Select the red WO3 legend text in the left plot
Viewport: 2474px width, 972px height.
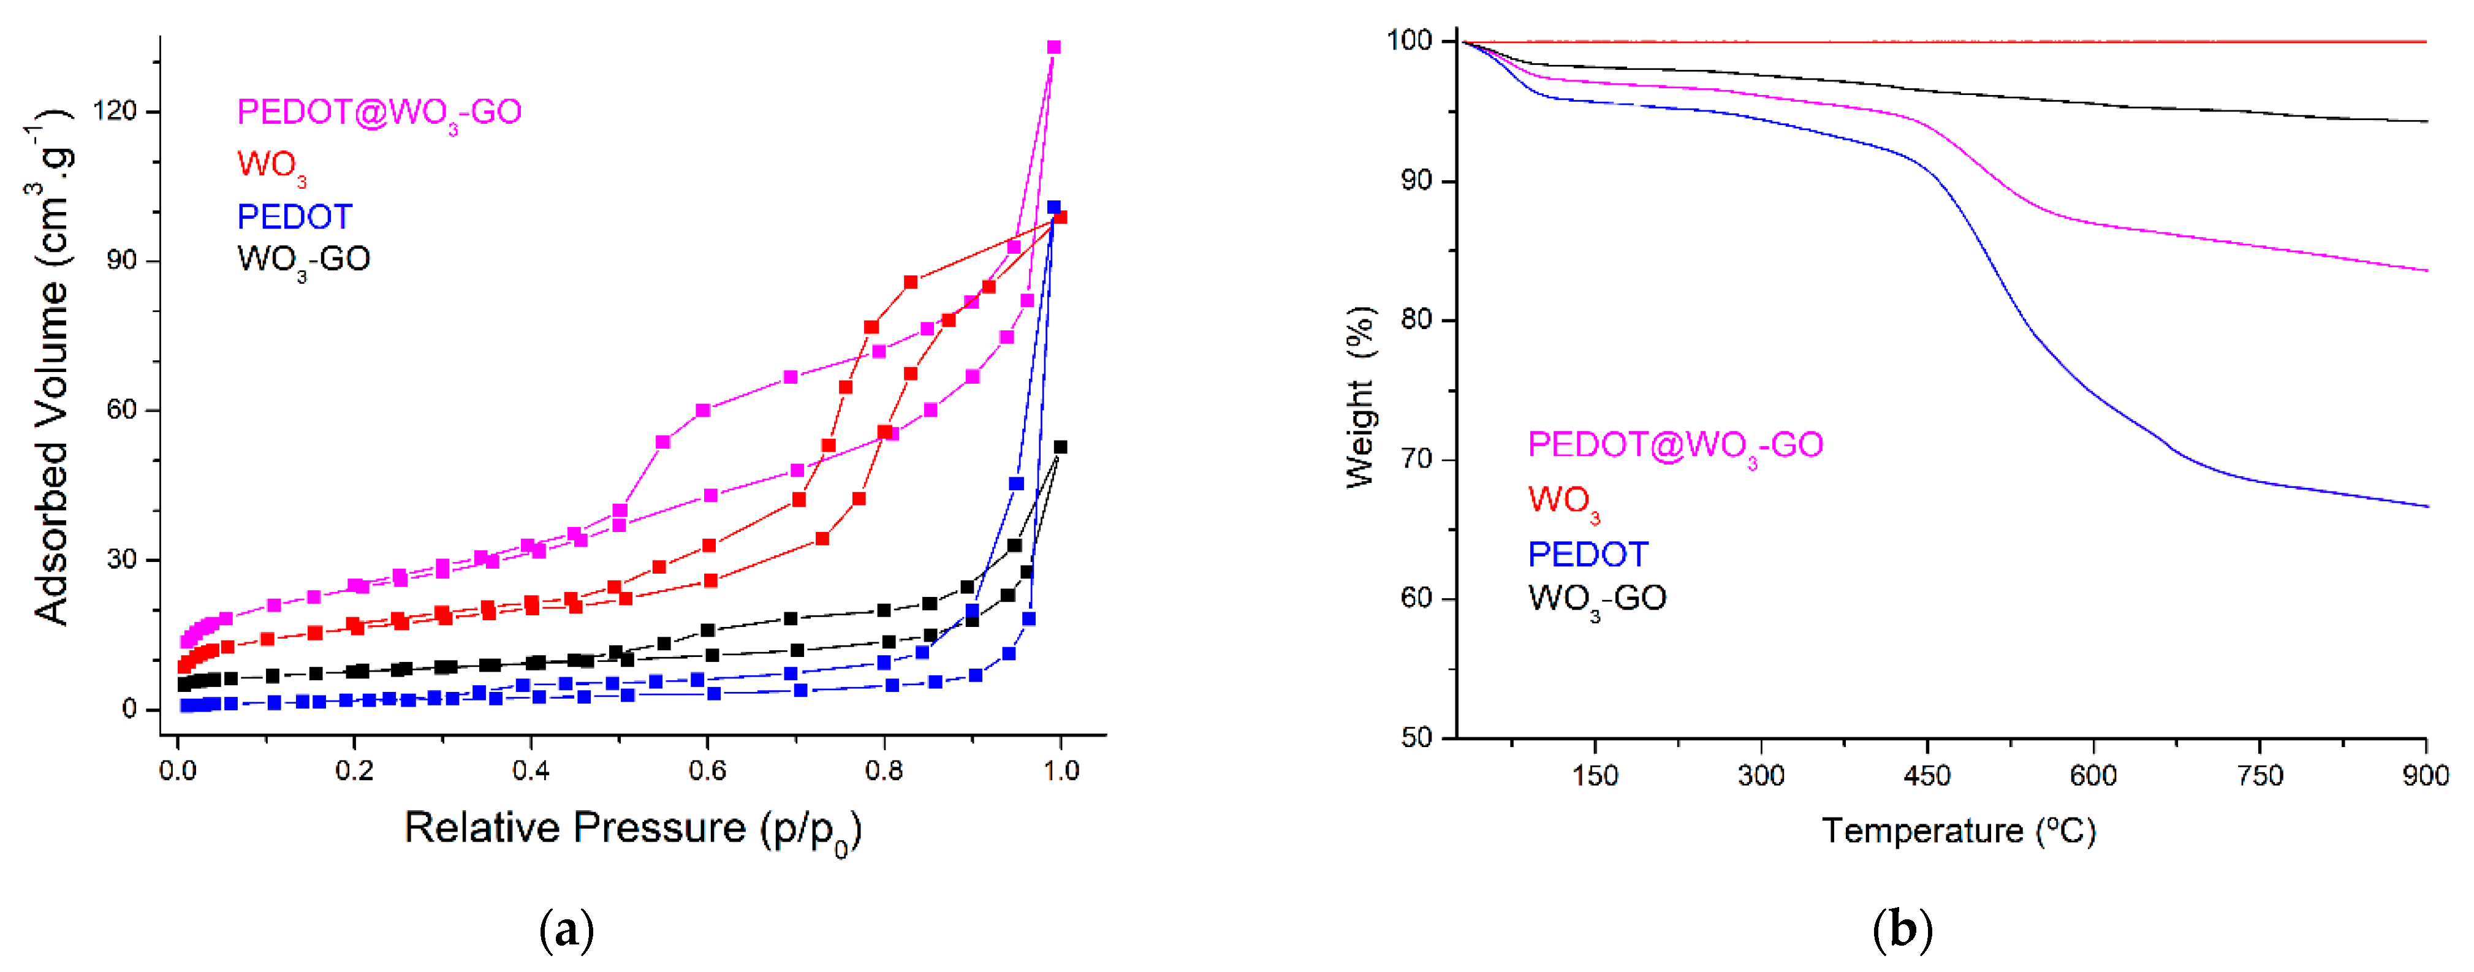click(x=272, y=165)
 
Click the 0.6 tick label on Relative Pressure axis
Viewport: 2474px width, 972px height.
click(x=707, y=770)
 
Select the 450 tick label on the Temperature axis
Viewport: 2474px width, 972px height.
click(x=1927, y=775)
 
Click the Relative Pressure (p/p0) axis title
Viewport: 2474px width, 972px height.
click(x=631, y=829)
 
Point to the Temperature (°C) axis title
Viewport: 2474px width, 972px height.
click(x=1957, y=831)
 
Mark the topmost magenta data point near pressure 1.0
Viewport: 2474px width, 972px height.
click(x=1053, y=47)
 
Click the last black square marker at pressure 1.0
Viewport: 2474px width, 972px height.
click(x=1060, y=447)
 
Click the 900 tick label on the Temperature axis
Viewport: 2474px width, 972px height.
click(x=2425, y=775)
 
